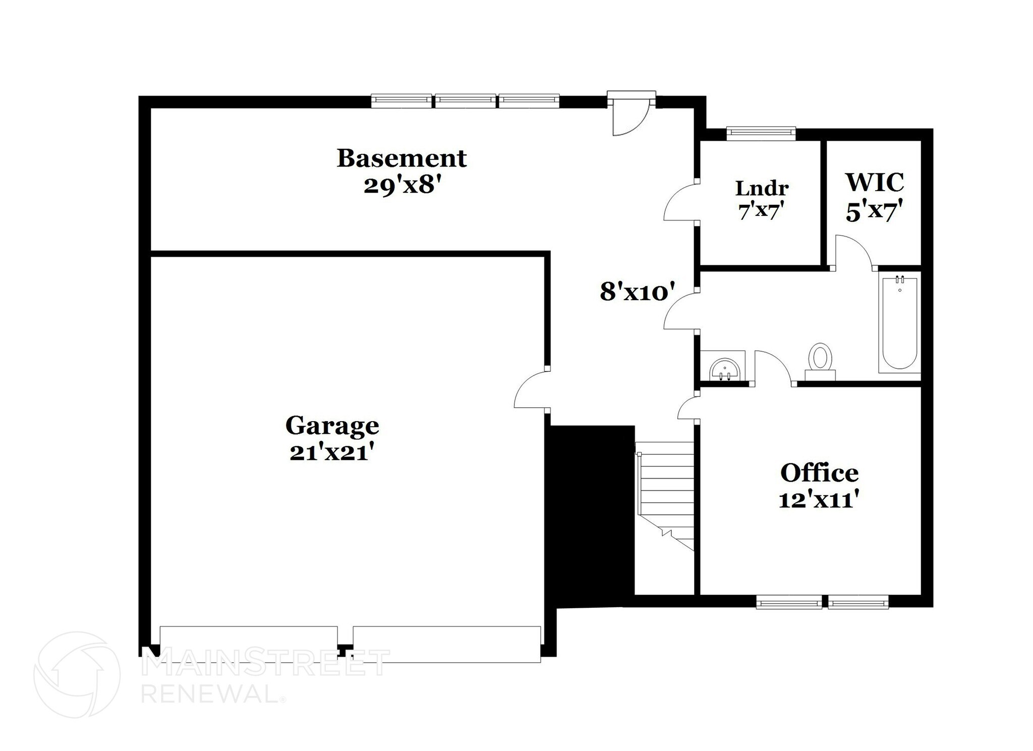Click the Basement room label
click(x=401, y=158)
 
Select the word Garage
click(x=332, y=426)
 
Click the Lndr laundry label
click(x=762, y=189)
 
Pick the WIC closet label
click(x=875, y=183)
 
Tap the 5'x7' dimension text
click(x=874, y=212)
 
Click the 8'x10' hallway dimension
click(x=637, y=292)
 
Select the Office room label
click(x=819, y=473)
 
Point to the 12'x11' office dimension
click(x=819, y=500)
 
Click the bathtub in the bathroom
click(x=899, y=323)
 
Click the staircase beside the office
click(x=665, y=494)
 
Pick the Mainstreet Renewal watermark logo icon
click(x=77, y=674)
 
